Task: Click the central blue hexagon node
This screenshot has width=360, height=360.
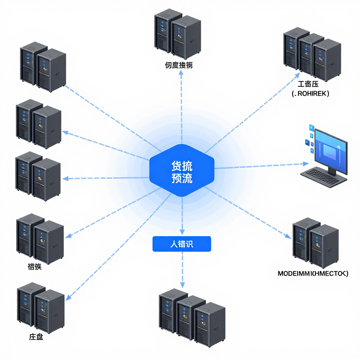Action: click(x=182, y=171)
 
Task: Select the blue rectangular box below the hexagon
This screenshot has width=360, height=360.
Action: click(x=181, y=244)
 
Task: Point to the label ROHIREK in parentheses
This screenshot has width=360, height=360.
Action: click(x=310, y=94)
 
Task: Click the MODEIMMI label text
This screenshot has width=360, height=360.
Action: click(x=313, y=273)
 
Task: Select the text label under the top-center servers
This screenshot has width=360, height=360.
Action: click(x=179, y=65)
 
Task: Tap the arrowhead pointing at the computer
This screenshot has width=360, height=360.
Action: click(x=306, y=163)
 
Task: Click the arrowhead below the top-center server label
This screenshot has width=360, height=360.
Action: click(x=181, y=72)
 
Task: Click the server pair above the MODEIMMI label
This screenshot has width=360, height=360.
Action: click(x=315, y=242)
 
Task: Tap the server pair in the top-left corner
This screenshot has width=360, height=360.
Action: click(x=43, y=67)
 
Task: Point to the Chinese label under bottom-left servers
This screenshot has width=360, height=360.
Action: click(x=36, y=337)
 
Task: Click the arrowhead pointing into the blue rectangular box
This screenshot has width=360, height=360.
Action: click(x=182, y=232)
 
